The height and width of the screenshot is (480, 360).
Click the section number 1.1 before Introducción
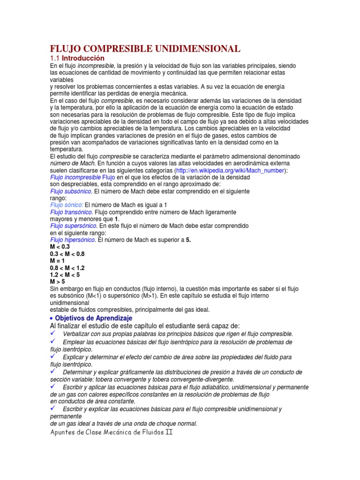(55, 58)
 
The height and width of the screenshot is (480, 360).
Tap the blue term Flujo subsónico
(71, 191)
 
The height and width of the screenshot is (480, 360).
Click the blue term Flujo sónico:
(67, 205)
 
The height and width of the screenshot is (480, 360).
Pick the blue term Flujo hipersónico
(73, 240)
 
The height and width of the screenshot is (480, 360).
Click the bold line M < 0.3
(60, 247)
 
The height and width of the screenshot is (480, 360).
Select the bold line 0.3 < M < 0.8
(67, 254)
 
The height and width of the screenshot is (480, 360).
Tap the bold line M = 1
(57, 261)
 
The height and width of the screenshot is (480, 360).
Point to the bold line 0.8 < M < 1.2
(67, 268)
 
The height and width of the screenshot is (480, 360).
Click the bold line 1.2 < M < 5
(65, 275)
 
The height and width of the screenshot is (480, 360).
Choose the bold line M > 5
(57, 282)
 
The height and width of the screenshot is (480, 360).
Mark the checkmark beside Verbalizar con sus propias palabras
(53, 333)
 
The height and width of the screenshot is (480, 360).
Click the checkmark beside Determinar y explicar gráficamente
(53, 371)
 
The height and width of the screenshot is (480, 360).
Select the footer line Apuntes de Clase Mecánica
(112, 432)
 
